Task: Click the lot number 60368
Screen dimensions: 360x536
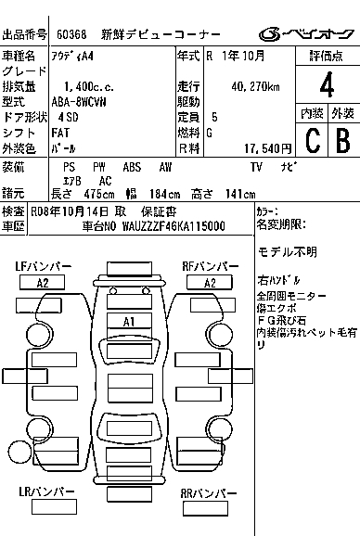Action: point(71,34)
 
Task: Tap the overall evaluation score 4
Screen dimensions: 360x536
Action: point(327,84)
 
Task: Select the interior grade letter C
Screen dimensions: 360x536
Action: point(313,141)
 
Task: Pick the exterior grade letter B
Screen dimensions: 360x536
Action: point(343,141)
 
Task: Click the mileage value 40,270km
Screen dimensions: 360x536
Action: point(255,87)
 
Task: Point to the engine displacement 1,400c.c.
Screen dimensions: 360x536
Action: point(89,87)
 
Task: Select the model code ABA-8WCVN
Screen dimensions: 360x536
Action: point(79,102)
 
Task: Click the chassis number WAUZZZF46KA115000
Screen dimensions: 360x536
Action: point(174,226)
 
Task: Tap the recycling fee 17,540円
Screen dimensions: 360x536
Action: point(268,148)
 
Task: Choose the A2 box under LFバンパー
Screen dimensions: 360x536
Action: point(43,283)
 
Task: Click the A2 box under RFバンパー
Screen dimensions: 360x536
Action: point(210,283)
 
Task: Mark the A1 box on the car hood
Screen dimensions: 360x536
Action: point(129,322)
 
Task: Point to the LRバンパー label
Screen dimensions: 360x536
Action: point(46,491)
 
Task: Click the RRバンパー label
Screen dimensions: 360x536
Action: point(209,493)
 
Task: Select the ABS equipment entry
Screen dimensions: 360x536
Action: point(132,167)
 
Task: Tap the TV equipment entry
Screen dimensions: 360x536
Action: point(256,167)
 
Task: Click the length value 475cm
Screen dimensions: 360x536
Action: point(99,194)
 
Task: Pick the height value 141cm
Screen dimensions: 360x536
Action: point(240,194)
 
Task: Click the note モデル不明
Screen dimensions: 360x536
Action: point(288,252)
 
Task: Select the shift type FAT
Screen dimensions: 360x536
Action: point(60,133)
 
